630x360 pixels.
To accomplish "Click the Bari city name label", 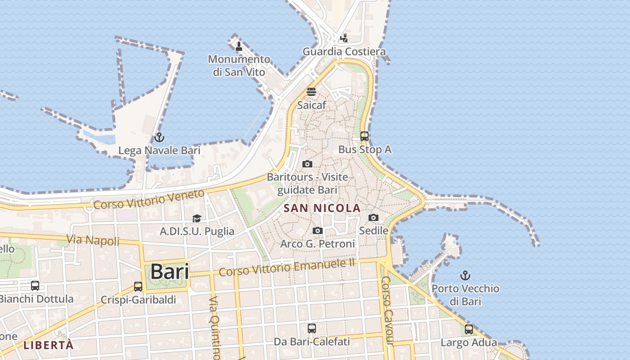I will coord(169,271).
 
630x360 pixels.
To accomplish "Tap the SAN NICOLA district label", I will coord(322,208).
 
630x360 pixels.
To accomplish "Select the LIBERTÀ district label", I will coord(48,345).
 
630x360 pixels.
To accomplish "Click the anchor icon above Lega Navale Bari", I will coord(159,137).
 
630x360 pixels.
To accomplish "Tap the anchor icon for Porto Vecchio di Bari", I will coord(465,275).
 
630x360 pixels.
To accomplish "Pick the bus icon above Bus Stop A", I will coord(364,136).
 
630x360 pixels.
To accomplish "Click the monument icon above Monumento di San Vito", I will coord(239,46).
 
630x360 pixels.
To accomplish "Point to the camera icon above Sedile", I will coord(373,218).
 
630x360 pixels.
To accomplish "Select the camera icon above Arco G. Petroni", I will coord(318,231).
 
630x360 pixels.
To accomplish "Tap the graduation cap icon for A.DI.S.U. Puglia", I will coord(197,219).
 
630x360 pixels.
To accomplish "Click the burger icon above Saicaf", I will coord(311,92).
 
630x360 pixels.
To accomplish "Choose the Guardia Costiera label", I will coord(344,52).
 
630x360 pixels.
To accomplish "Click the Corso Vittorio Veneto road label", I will coord(149,199).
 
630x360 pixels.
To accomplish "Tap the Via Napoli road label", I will coord(94,240).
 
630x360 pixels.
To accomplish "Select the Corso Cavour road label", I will coord(387,310).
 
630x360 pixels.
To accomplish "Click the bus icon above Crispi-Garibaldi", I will coord(138,287).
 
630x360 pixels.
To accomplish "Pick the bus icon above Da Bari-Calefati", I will coord(311,328).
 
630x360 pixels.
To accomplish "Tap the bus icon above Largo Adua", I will coord(469,329).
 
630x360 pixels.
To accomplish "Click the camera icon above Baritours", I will coord(307,164).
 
